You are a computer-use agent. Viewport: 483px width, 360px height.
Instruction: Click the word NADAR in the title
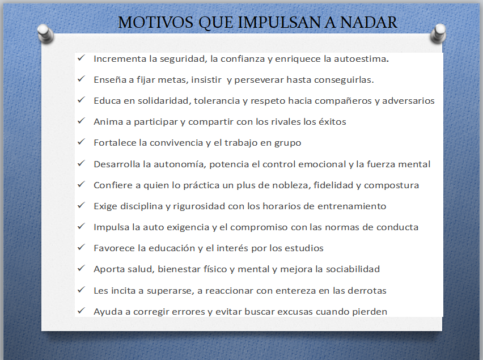[368, 22]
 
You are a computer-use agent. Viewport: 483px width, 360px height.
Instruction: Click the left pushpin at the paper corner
[45, 34]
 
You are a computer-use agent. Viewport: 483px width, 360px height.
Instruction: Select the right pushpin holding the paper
[438, 33]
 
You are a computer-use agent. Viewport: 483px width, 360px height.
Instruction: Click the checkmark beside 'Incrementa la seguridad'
[81, 58]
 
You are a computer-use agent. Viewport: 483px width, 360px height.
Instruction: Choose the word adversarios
[409, 101]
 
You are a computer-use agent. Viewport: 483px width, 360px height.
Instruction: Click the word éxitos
[332, 122]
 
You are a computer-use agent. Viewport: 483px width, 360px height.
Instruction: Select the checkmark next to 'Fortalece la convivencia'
[81, 141]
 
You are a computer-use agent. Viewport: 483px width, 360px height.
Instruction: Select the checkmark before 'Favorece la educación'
[81, 247]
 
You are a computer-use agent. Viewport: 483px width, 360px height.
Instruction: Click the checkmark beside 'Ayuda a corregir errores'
[81, 310]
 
